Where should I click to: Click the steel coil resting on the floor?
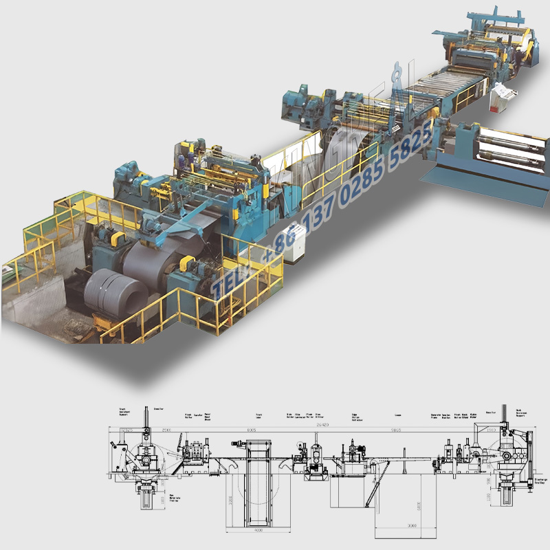pyautogui.click(x=115, y=292)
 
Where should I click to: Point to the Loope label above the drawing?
pyautogui.click(x=398, y=415)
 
